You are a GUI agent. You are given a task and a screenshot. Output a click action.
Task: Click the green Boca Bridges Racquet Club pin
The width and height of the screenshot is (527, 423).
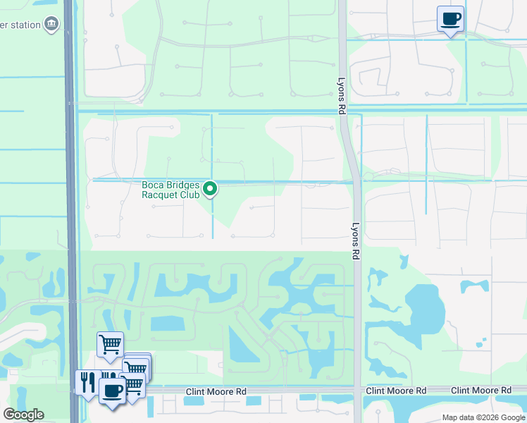pos(210,188)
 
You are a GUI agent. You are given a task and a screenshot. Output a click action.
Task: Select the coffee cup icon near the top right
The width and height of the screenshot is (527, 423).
pos(450,19)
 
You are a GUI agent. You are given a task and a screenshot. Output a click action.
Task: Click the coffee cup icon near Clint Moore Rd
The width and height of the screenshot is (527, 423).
pos(112,390)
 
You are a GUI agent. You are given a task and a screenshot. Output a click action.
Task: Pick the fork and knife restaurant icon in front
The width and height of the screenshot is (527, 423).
pos(87,382)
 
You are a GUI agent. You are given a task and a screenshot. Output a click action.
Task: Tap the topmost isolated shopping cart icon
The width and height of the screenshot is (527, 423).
pos(110,345)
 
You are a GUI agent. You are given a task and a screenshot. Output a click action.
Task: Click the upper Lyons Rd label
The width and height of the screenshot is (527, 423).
pos(341,97)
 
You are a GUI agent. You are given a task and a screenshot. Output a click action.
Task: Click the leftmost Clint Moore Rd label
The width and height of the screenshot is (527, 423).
pos(216,391)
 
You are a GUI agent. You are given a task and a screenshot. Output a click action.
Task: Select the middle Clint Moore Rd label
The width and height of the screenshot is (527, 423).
pos(396,391)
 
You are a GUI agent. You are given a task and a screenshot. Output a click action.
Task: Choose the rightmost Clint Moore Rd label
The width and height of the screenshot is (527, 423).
pos(481,390)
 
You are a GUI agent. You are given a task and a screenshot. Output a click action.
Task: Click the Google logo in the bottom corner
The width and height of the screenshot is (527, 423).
pos(23,415)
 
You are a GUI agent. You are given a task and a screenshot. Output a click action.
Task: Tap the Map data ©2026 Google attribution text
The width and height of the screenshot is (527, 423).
pos(483,417)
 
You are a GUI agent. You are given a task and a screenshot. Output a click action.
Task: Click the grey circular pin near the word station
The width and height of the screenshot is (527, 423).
pos(51,25)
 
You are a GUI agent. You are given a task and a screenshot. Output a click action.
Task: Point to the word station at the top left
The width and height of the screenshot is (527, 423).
pos(21,26)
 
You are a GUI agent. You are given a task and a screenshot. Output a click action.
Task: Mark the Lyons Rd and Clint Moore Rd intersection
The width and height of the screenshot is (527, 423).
pos(358,390)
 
